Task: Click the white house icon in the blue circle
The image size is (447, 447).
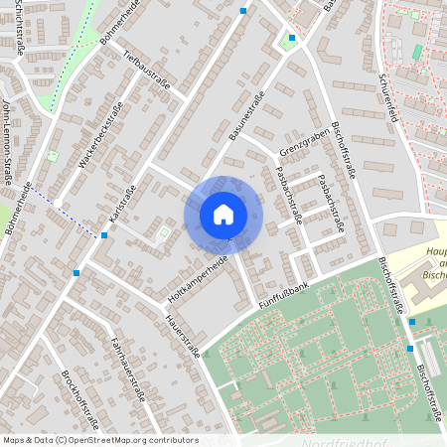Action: click(223, 214)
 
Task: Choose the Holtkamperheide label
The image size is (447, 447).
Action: click(199, 277)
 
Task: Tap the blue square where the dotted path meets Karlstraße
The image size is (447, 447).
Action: click(104, 235)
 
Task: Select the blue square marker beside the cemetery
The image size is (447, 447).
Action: click(410, 349)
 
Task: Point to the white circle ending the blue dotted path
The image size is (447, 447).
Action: click(59, 203)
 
